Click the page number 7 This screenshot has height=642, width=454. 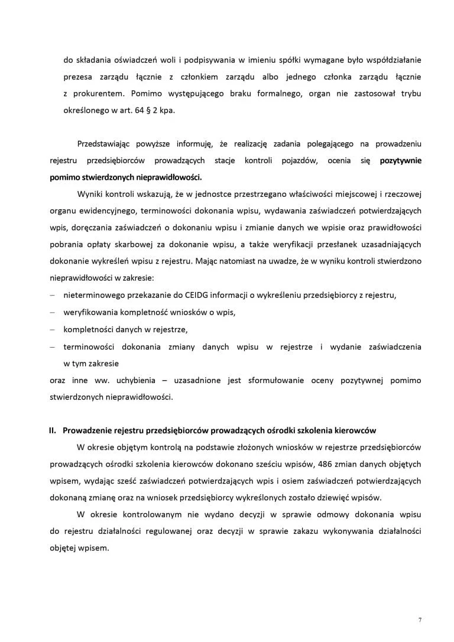(420, 620)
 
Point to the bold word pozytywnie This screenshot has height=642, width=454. (400, 160)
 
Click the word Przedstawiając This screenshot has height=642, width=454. (105, 144)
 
